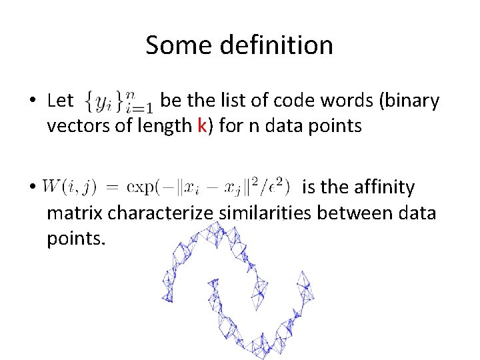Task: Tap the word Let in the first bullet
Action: pyautogui.click(x=61, y=101)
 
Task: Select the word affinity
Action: pyautogui.click(x=381, y=188)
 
